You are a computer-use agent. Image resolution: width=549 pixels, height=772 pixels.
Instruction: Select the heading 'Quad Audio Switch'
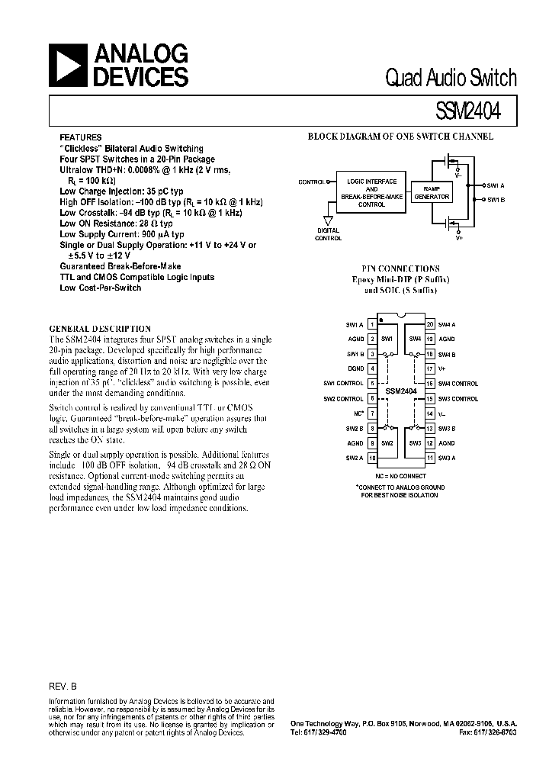pos(451,79)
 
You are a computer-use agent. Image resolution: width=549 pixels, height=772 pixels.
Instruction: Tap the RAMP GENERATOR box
pos(432,191)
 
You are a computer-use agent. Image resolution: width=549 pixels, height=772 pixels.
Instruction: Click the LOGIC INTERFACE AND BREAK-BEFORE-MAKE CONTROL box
pos(371,193)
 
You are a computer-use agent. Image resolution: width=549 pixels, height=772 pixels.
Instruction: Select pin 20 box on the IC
pos(431,324)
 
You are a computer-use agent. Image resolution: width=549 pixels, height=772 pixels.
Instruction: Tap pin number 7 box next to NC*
pos(372,413)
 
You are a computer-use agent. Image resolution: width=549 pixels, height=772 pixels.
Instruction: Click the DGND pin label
pos(355,368)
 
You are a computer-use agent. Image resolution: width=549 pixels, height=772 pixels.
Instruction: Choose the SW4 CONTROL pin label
pos(458,384)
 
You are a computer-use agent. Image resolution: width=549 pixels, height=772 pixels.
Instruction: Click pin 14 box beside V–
pos(431,413)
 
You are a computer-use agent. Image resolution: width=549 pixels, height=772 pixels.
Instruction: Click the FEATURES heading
pos(80,138)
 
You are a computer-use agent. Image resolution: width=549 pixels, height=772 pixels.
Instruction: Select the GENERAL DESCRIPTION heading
pos(99,329)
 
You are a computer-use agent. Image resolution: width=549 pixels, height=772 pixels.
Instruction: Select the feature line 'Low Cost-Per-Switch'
pos(100,288)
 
